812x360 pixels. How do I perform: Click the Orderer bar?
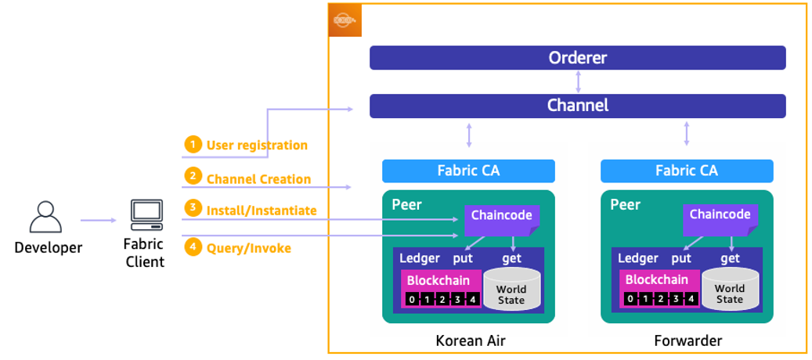pyautogui.click(x=577, y=58)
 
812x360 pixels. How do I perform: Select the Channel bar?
pyautogui.click(x=577, y=106)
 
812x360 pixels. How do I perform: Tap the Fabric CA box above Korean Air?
pyautogui.click(x=468, y=171)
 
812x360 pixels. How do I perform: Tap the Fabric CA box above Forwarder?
pyautogui.click(x=687, y=171)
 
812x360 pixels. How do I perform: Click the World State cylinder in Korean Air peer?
pyautogui.click(x=511, y=290)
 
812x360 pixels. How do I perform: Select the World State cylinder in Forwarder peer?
pyautogui.click(x=730, y=290)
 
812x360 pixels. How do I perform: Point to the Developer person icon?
pyautogui.click(x=45, y=217)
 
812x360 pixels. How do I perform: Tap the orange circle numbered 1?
pyautogui.click(x=193, y=145)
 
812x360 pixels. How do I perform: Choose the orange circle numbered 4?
pyautogui.click(x=193, y=247)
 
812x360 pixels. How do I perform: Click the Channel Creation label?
pyautogui.click(x=258, y=179)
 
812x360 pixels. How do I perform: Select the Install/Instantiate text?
pyautogui.click(x=262, y=210)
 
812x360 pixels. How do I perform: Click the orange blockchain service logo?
pyautogui.click(x=345, y=20)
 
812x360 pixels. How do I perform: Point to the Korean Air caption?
pyautogui.click(x=468, y=340)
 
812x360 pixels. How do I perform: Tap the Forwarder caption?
pyautogui.click(x=687, y=340)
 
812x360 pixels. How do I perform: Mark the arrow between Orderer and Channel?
pyautogui.click(x=578, y=82)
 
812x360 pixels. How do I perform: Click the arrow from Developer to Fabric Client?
pyautogui.click(x=98, y=221)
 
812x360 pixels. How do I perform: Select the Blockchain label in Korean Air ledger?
pyautogui.click(x=438, y=280)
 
